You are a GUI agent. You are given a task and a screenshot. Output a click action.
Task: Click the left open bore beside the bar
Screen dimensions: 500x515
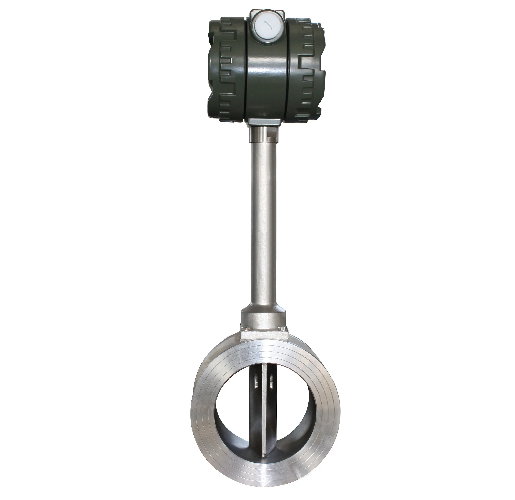[x=234, y=410]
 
